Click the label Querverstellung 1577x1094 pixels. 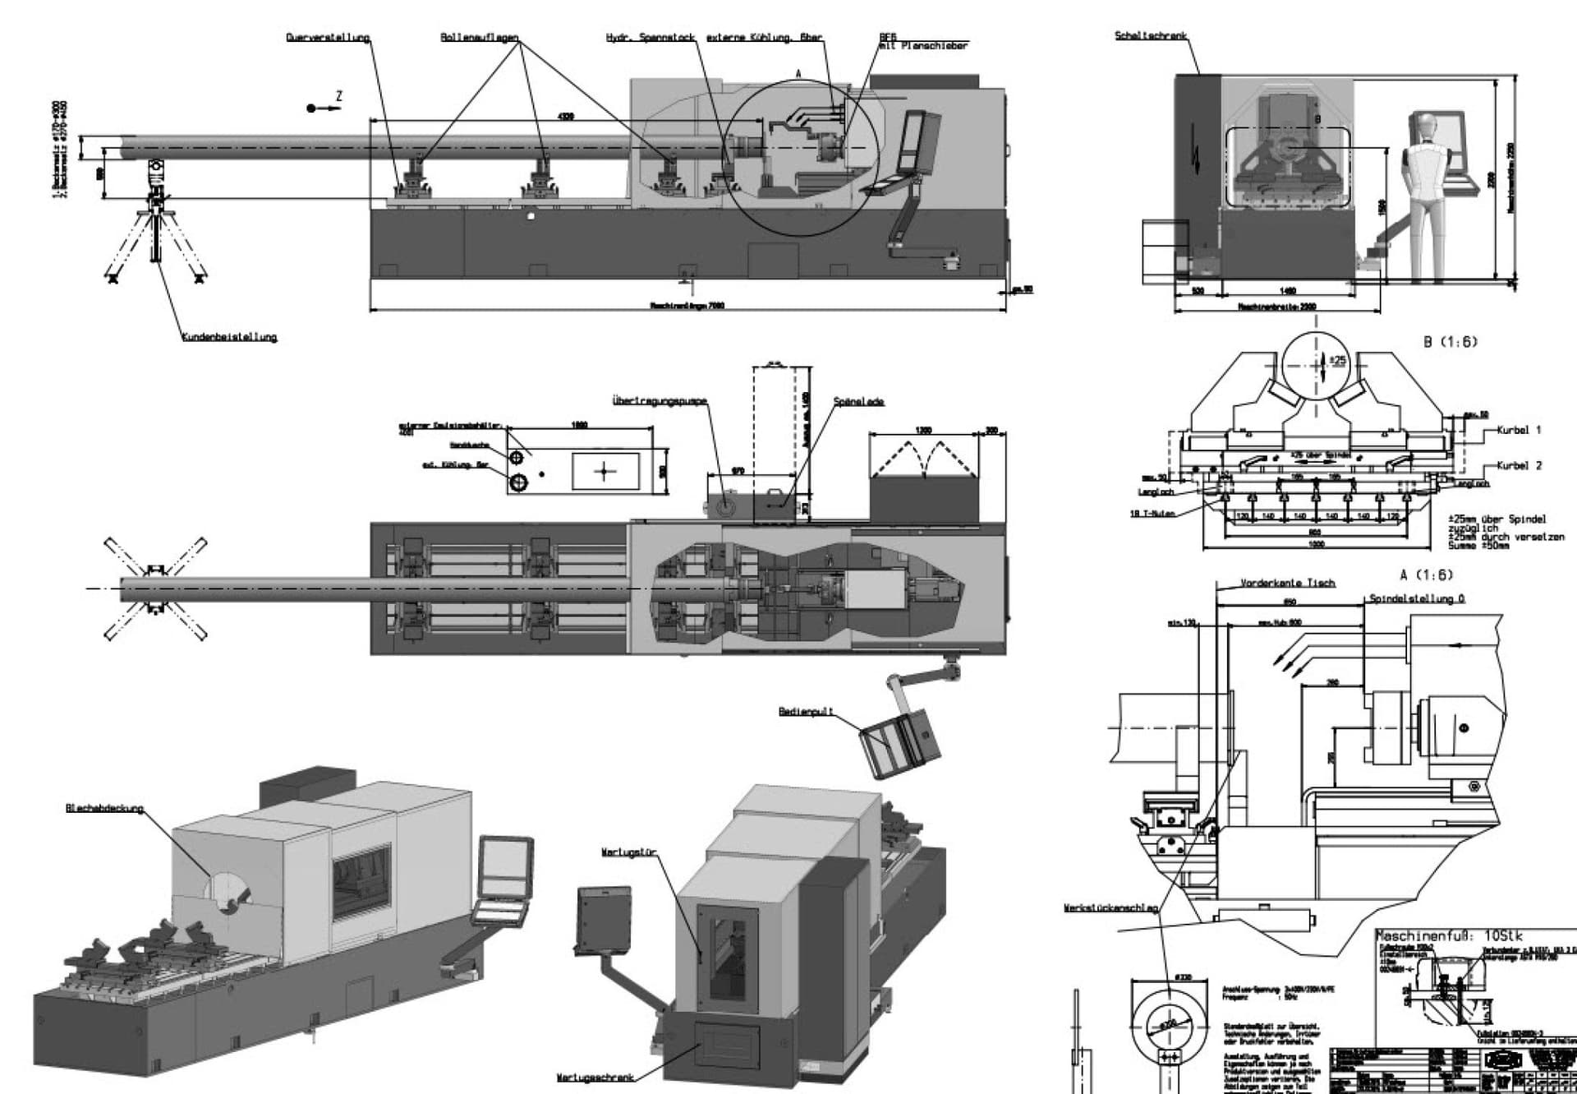click(328, 38)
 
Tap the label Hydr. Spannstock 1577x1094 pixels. click(651, 38)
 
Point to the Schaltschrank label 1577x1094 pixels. click(1150, 36)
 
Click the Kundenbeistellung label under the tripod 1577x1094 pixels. click(229, 337)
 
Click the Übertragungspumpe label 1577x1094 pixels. click(660, 401)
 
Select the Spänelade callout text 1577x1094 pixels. click(858, 402)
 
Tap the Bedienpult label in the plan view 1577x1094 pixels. click(806, 712)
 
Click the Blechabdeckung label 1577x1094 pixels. click(104, 809)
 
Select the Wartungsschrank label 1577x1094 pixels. click(595, 1078)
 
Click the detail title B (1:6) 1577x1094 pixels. click(1451, 342)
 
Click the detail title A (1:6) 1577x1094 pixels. click(1427, 575)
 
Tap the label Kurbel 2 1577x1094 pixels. click(1519, 465)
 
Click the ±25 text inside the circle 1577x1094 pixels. click(1337, 360)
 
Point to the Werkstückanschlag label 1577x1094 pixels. click(1110, 908)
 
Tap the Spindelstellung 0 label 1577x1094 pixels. click(1417, 599)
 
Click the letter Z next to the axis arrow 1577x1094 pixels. click(339, 97)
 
